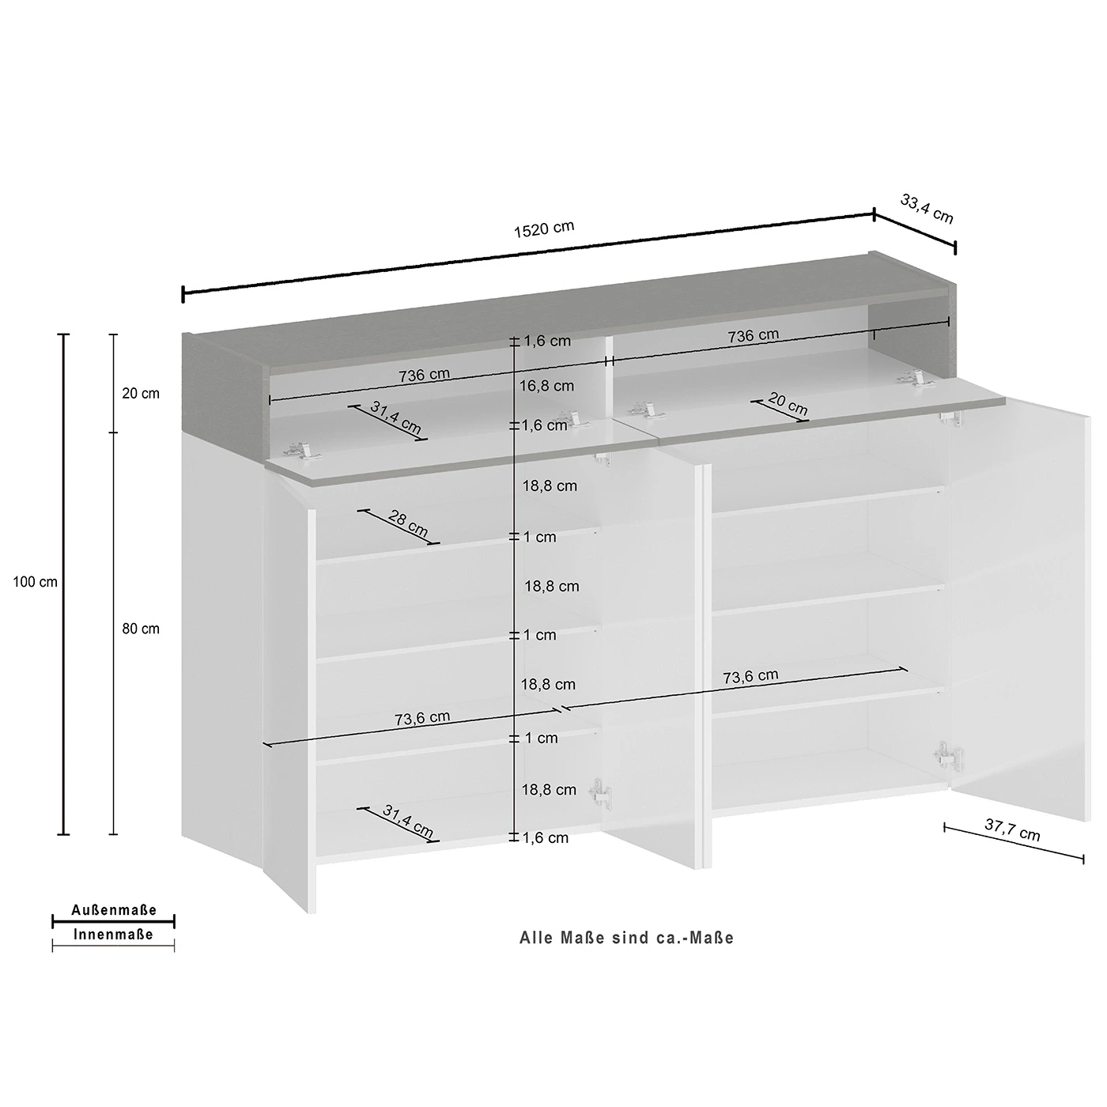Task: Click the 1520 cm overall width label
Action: point(543,229)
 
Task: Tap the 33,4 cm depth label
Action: point(926,209)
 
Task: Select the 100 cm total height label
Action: point(35,582)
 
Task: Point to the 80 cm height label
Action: point(141,629)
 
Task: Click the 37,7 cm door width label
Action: point(1012,829)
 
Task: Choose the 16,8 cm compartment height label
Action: point(547,386)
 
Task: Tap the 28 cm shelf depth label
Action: point(408,523)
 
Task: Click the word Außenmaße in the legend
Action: point(114,910)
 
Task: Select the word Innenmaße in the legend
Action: point(113,935)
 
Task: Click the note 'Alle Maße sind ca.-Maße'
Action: point(627,938)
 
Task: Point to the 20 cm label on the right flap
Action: point(788,404)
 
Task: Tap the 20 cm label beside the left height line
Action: point(141,394)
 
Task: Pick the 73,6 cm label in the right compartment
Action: point(750,676)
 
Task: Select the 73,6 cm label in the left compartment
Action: point(422,718)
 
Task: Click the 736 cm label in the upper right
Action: point(753,335)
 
